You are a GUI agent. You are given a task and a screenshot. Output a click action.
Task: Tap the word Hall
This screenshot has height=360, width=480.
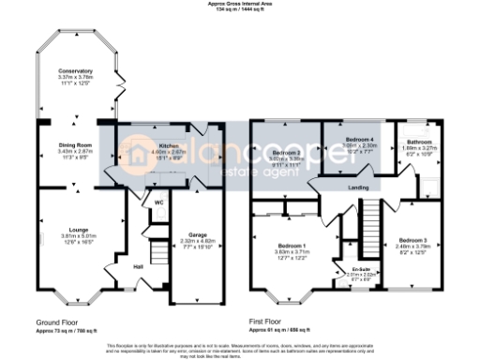tap(138, 267)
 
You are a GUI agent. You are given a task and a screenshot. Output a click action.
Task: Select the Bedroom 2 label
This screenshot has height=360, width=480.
tap(285, 152)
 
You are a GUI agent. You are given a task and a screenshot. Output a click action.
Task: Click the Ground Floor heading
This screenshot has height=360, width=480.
tap(48, 321)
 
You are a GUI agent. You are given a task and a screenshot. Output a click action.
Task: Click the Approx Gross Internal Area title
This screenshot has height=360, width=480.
tap(241, 4)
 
